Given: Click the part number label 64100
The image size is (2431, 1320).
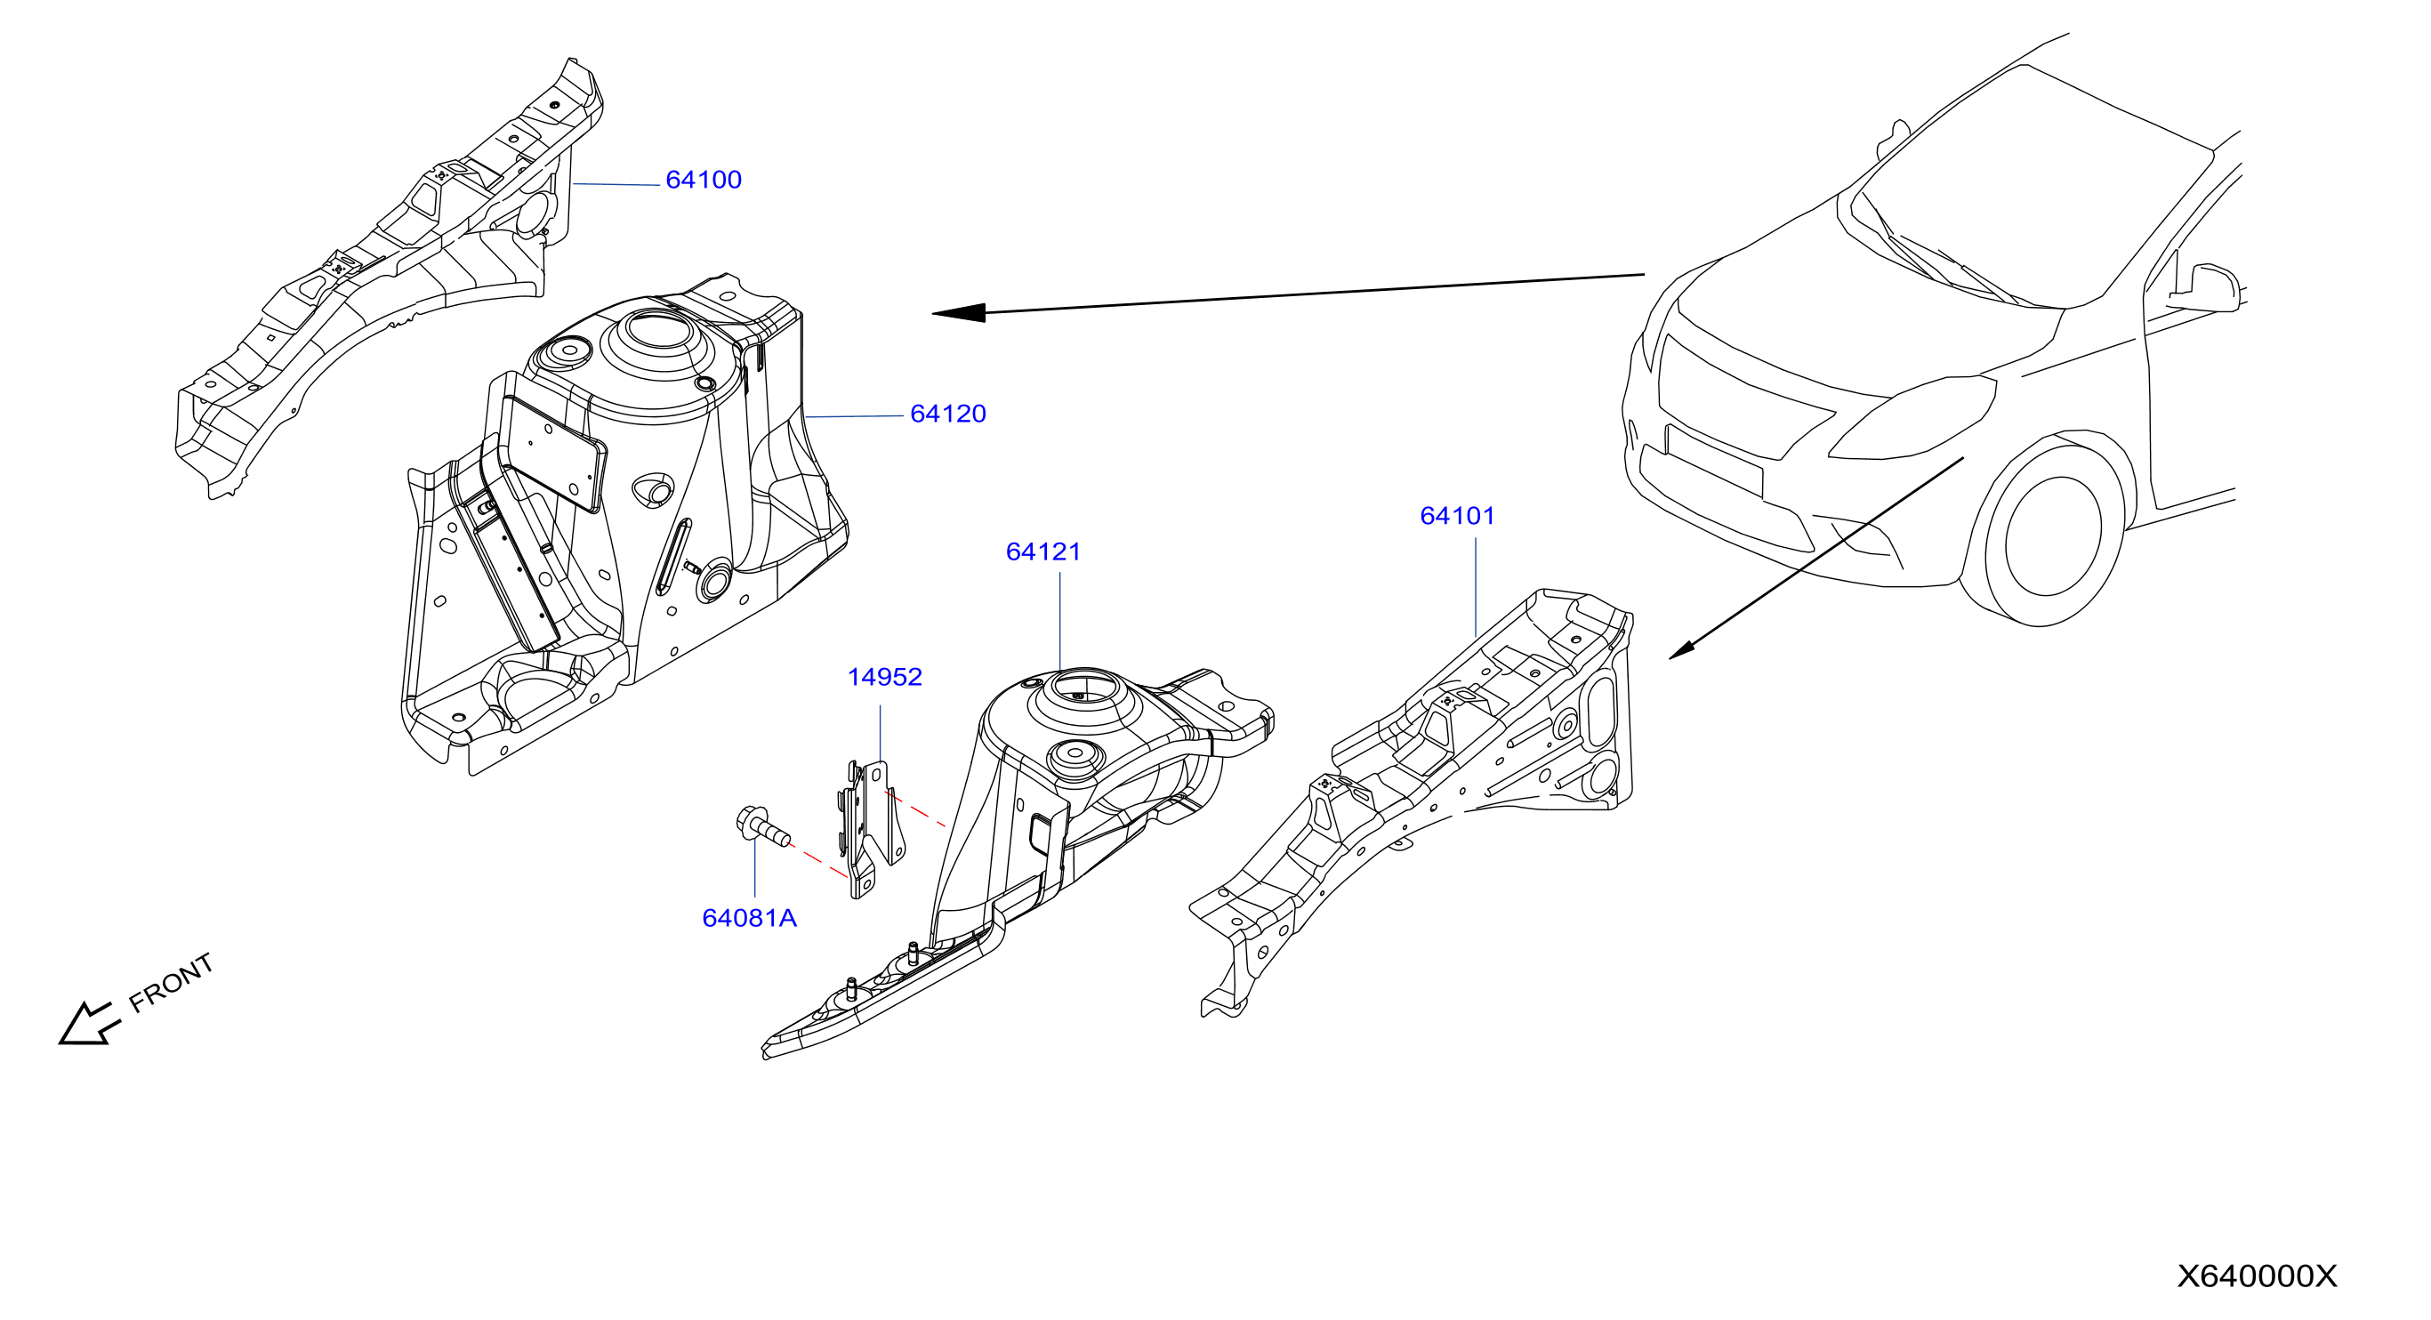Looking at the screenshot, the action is coord(703,180).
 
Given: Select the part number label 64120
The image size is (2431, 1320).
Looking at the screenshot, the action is coord(947,414).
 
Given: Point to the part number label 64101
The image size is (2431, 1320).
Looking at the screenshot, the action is coord(1457,515).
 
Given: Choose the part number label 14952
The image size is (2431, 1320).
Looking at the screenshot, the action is coord(884,677).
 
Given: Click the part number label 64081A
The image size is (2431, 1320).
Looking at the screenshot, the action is coord(749,918).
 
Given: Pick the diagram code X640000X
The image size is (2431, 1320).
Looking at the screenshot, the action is coord(2257,1276).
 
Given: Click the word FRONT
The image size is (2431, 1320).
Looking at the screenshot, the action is coord(172,982).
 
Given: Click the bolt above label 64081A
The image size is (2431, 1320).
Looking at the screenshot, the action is coord(762,827).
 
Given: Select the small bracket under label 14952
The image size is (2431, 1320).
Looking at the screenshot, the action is coord(872,828).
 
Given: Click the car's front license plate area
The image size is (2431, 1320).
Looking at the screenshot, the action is coord(1714,461).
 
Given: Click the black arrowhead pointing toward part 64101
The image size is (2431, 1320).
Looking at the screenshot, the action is coord(1683,648).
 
